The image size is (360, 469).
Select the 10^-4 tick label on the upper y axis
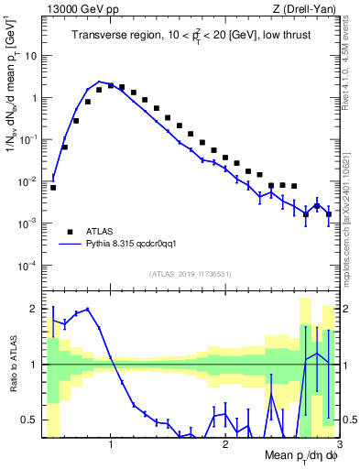pyautogui.click(x=29, y=266)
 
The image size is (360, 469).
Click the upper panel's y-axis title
pyautogui.click(x=13, y=92)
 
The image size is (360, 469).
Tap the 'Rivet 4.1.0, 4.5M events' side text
pyautogui.click(x=350, y=64)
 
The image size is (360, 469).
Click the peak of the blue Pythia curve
pyautogui.click(x=100, y=82)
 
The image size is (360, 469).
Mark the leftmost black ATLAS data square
pyautogui.click(x=53, y=187)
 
